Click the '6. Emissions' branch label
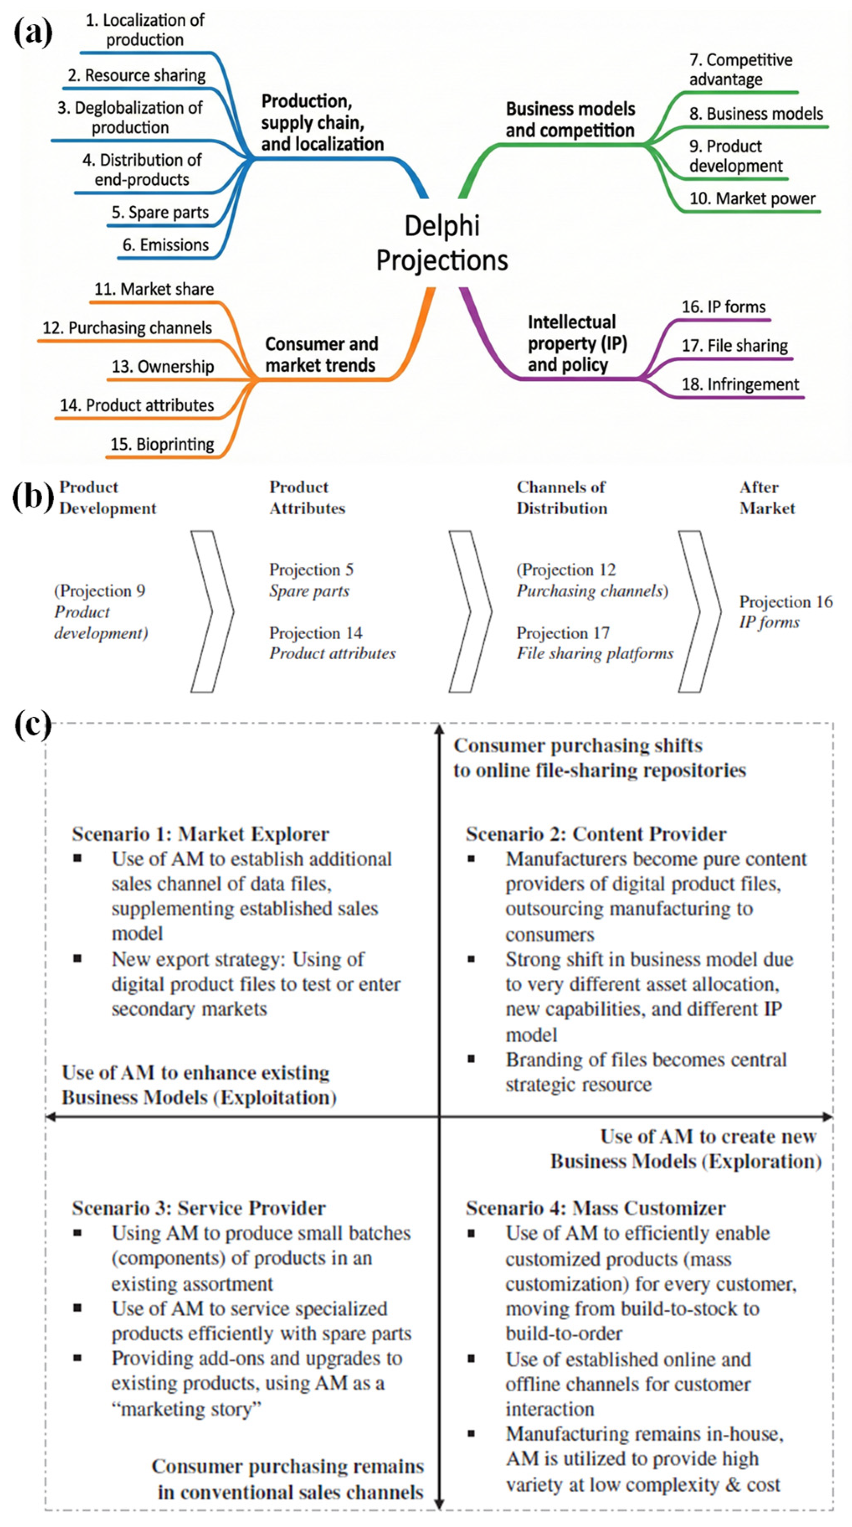tap(165, 245)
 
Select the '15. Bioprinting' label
tap(162, 444)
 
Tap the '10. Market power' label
tap(752, 198)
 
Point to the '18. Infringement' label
tap(740, 384)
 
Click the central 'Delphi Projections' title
tap(442, 243)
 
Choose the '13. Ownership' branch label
tap(162, 367)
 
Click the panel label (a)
tap(33, 32)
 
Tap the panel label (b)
tap(33, 497)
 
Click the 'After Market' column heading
tap(767, 497)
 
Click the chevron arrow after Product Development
tap(212, 611)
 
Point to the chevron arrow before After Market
tap(699, 611)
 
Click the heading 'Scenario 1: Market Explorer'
tap(200, 834)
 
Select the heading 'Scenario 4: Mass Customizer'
tap(595, 1208)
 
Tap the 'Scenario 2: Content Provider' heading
tap(595, 834)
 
